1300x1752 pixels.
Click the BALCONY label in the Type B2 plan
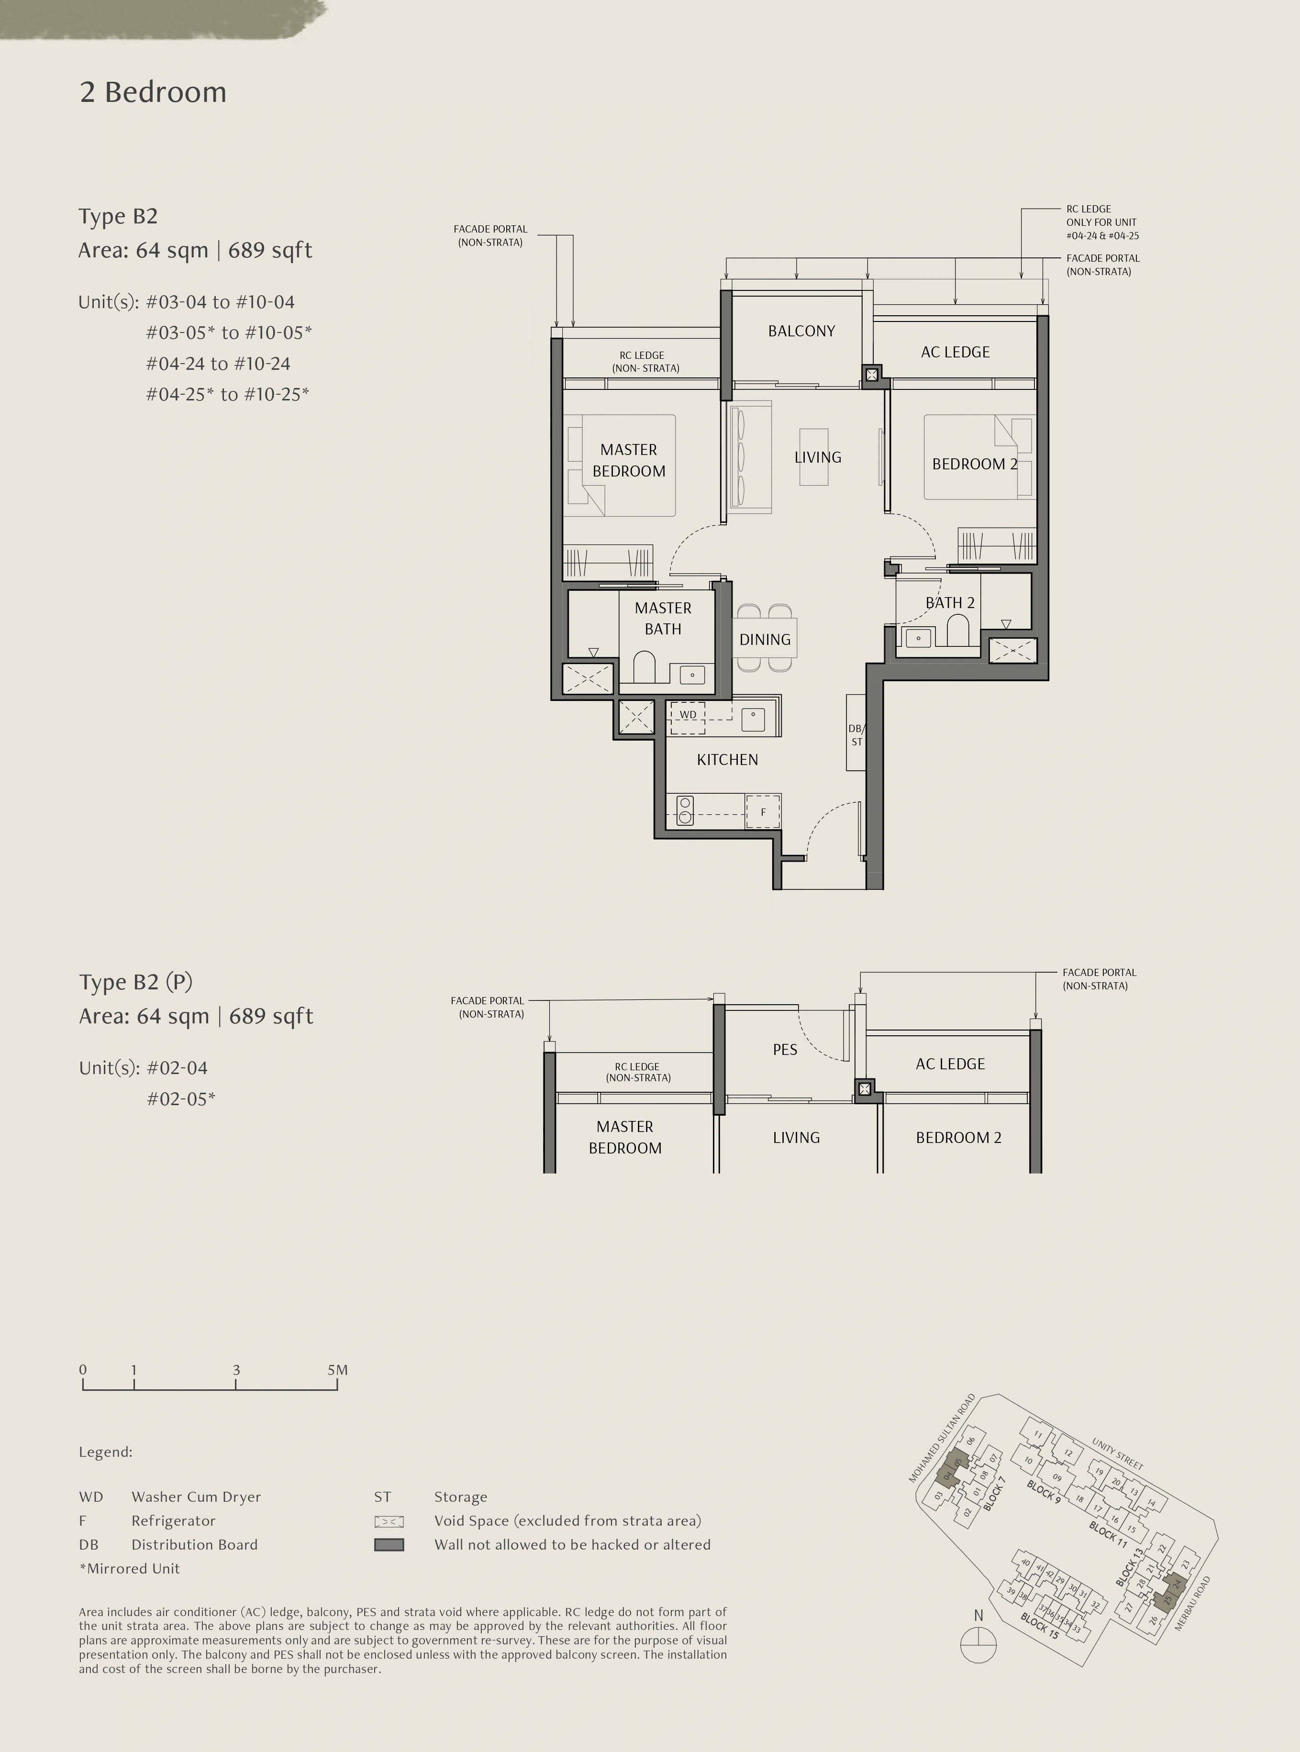(801, 331)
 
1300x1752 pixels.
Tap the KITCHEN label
(727, 760)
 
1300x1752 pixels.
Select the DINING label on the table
(765, 640)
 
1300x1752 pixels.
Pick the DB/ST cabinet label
(856, 735)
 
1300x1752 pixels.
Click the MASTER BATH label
(663, 618)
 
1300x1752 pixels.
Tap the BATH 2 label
(950, 603)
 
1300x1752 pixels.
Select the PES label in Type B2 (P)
(785, 1050)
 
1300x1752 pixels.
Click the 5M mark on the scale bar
(338, 1370)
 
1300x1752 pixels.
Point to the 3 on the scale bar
(236, 1370)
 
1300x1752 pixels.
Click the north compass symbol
(978, 1644)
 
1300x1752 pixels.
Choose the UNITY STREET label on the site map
(1117, 1454)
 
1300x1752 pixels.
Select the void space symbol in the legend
(389, 1521)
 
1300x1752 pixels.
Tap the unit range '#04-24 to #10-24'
(218, 364)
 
